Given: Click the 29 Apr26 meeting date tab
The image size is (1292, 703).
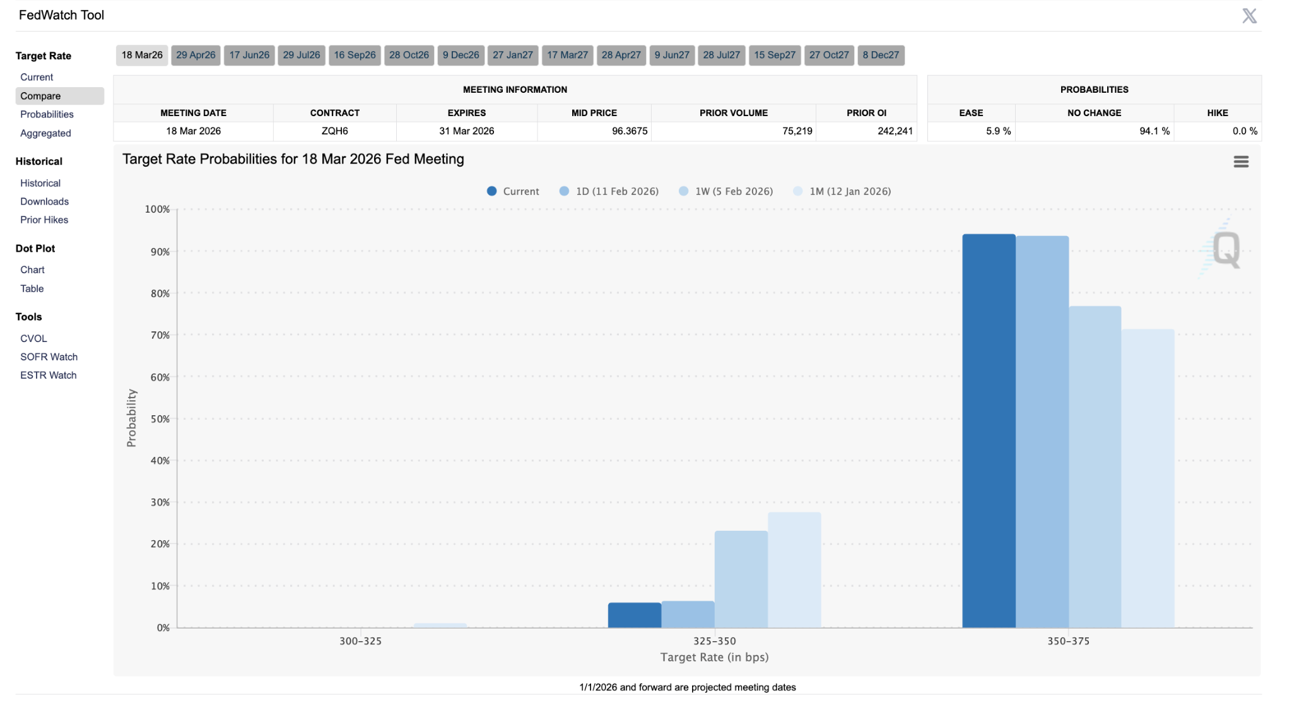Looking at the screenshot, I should [196, 55].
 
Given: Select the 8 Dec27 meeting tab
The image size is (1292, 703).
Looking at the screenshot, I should [881, 55].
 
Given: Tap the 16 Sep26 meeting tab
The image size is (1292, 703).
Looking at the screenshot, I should [355, 55].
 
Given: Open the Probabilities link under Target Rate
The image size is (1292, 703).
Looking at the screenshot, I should [47, 114].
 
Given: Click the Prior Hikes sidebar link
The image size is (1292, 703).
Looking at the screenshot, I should [44, 220].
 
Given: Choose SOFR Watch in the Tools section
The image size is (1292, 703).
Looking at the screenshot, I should [49, 357].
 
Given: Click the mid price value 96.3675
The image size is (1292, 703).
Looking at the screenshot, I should [629, 131].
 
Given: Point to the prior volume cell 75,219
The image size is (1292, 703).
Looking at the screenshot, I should [797, 131].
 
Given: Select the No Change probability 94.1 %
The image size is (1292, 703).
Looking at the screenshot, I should [1154, 131].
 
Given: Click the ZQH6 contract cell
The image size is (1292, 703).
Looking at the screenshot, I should [334, 131].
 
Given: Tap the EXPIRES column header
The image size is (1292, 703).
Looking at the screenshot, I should [466, 113].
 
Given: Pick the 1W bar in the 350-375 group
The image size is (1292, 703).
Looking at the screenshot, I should [1095, 467].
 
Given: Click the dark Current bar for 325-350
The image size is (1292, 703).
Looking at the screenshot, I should [635, 615].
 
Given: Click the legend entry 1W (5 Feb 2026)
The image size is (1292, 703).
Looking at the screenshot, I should [733, 191].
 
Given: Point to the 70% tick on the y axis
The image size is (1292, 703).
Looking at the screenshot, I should [160, 335].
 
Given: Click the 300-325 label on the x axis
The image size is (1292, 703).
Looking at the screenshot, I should [360, 641].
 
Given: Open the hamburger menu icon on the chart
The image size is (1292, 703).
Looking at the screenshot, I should [1241, 162].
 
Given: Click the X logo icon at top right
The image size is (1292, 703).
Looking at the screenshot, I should [1249, 16].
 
